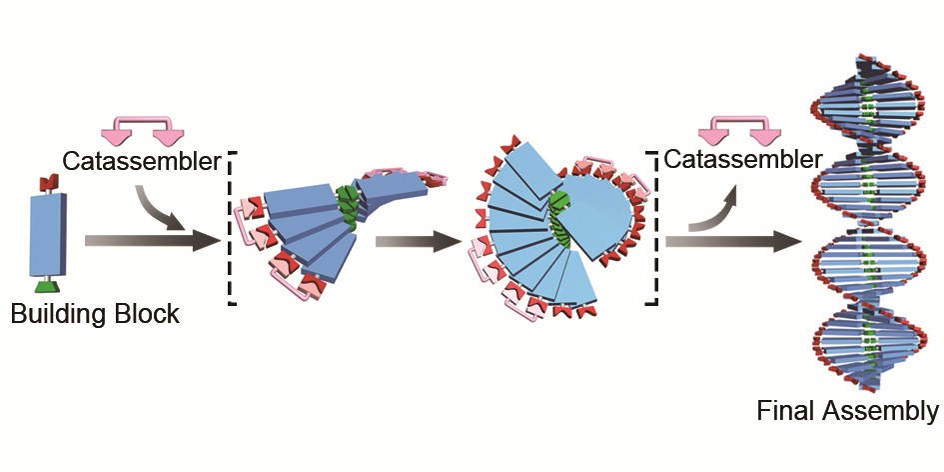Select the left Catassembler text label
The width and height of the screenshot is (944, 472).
click(140, 161)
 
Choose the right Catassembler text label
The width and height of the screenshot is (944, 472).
click(743, 160)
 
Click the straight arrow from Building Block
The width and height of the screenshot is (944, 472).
click(150, 240)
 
